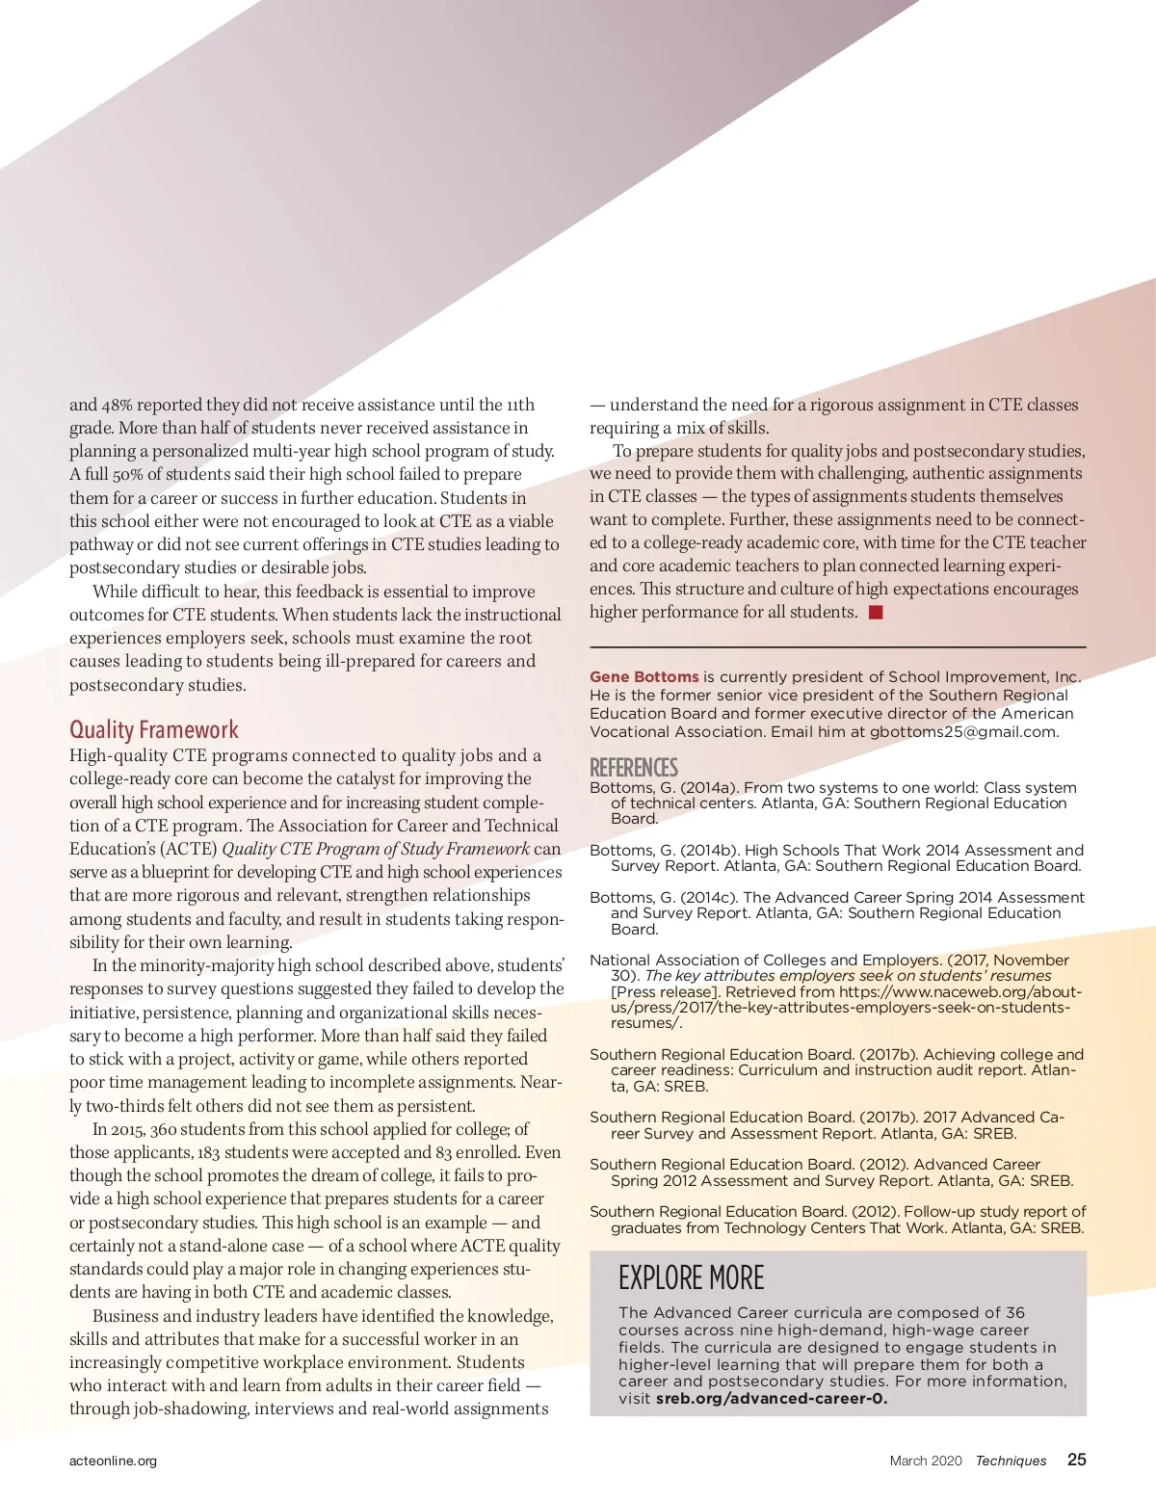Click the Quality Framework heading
[x=154, y=730]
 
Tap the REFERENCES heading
[x=634, y=768]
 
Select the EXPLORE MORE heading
[x=691, y=1278]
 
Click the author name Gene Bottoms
[x=644, y=677]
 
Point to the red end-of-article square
[x=876, y=613]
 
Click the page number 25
[x=1076, y=1460]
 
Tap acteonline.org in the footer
[x=113, y=1461]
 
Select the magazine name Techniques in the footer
[x=1011, y=1461]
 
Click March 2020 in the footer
[x=926, y=1461]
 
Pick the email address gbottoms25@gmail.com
[x=962, y=732]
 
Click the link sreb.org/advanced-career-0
[x=772, y=1399]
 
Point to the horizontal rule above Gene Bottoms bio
[x=837, y=646]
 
